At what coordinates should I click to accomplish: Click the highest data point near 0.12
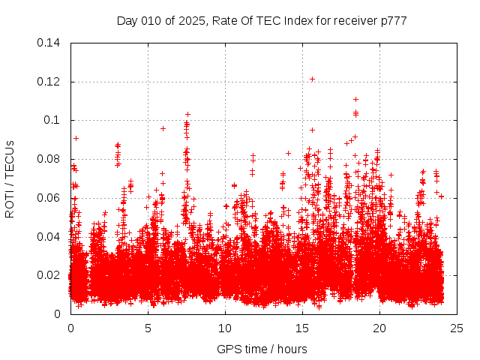tap(312, 79)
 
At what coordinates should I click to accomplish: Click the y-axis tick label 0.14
tap(50, 43)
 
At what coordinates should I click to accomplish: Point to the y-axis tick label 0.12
tap(50, 81)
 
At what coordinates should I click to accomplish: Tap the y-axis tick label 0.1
tap(53, 120)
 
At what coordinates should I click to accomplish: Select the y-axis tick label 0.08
tap(50, 159)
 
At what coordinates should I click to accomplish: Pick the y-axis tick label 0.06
tap(50, 198)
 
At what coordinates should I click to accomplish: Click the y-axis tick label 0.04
tap(50, 236)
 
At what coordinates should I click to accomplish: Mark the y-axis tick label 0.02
tap(50, 275)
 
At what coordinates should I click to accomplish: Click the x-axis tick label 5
tap(148, 328)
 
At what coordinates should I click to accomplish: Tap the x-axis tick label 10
tap(225, 328)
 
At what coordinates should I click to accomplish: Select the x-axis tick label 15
tap(302, 328)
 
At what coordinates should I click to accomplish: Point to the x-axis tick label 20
tap(379, 328)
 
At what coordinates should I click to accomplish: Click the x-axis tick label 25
tap(457, 328)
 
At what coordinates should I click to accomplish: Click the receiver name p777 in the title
tap(392, 21)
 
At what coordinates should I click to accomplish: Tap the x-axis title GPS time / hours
tap(262, 349)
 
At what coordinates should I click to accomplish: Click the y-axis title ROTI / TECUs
tap(10, 178)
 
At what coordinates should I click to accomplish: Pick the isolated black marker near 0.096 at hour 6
tap(163, 128)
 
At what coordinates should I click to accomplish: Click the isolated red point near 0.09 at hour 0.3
tap(76, 138)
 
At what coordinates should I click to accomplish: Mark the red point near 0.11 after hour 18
tap(355, 99)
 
